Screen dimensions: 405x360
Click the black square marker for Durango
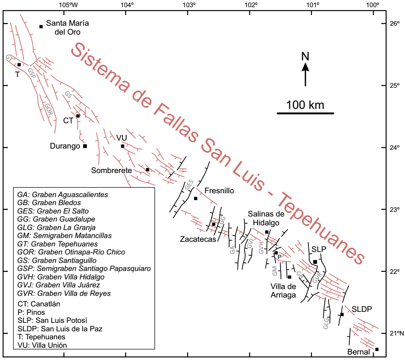pos(85,146)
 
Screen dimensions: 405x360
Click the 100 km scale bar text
pos(305,105)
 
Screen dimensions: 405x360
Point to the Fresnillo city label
pos(219,191)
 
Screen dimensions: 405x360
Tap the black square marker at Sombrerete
pos(147,170)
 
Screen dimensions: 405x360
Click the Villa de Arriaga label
pos(283,290)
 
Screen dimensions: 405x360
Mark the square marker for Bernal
pos(377,349)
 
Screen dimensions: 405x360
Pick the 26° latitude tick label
pos(394,23)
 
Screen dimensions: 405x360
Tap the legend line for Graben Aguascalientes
pos(62,195)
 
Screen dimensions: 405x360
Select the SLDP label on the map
pos(362,309)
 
